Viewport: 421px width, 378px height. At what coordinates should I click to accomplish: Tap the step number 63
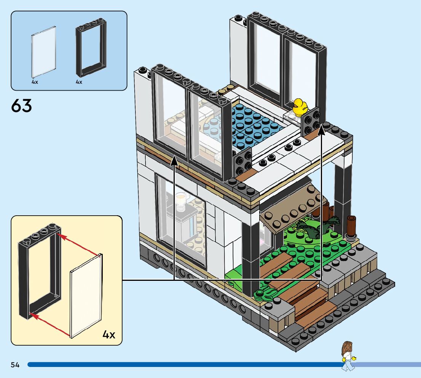22,106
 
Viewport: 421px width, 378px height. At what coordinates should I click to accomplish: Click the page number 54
15,365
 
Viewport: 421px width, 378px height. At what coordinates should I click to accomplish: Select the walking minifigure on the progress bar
348,356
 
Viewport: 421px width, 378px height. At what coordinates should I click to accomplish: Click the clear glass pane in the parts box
43,52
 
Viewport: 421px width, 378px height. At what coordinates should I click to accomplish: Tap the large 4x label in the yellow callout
108,335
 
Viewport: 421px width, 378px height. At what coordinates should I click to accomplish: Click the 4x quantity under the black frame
79,82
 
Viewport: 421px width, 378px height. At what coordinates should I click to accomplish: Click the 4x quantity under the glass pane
35,82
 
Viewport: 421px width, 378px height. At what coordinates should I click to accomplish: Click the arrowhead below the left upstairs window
174,162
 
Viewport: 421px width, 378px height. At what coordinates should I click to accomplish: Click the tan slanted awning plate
291,213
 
